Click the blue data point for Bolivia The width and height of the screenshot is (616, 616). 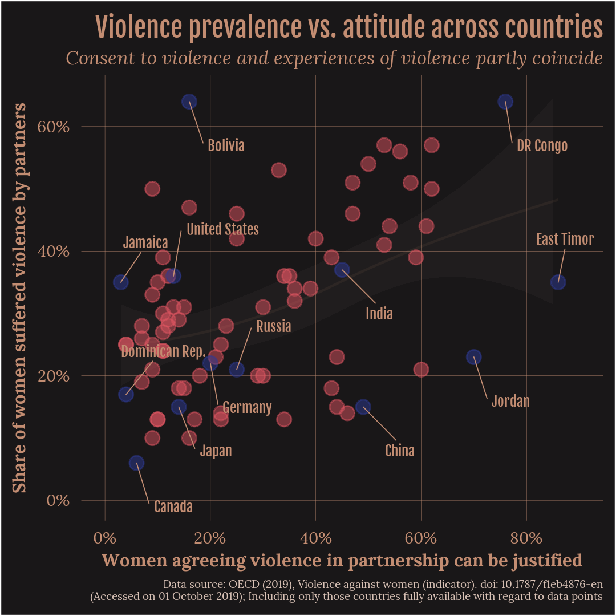tap(189, 102)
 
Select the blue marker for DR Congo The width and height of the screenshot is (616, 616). tap(505, 102)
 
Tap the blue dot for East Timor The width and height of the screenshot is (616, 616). tap(558, 282)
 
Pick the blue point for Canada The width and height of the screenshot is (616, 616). tap(136, 463)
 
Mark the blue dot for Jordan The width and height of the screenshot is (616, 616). tap(473, 357)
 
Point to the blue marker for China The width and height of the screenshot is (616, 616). tap(363, 407)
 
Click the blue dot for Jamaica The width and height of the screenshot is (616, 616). tap(120, 282)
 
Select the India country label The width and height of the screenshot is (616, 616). tap(379, 313)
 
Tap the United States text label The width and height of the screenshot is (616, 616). tap(222, 229)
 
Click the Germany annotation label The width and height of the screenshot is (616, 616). tap(246, 407)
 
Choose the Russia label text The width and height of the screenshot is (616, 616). tap(273, 326)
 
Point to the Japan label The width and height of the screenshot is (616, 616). tap(216, 451)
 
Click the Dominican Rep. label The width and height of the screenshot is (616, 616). tap(163, 351)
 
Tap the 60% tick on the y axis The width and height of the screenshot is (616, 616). tap(53, 126)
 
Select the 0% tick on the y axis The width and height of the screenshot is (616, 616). tap(56, 501)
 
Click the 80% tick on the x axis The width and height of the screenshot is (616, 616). tap(526, 538)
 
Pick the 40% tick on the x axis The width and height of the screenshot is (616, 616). tap(315, 538)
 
